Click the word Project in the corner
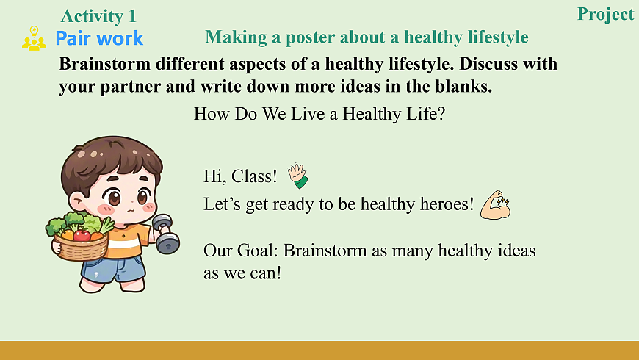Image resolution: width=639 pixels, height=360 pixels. click(606, 15)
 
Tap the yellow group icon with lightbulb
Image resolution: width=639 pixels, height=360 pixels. click(35, 38)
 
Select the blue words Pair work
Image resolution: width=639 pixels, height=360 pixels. click(99, 38)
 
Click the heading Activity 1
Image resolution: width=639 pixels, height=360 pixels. click(98, 16)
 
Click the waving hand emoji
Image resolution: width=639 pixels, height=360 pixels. click(298, 176)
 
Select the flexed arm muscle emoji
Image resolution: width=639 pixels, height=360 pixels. click(495, 205)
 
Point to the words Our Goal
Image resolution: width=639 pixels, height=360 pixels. click(240, 251)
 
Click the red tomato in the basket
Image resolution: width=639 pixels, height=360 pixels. click(82, 235)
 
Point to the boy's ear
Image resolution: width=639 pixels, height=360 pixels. click(76, 201)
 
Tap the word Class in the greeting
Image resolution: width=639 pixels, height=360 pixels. click(254, 176)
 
